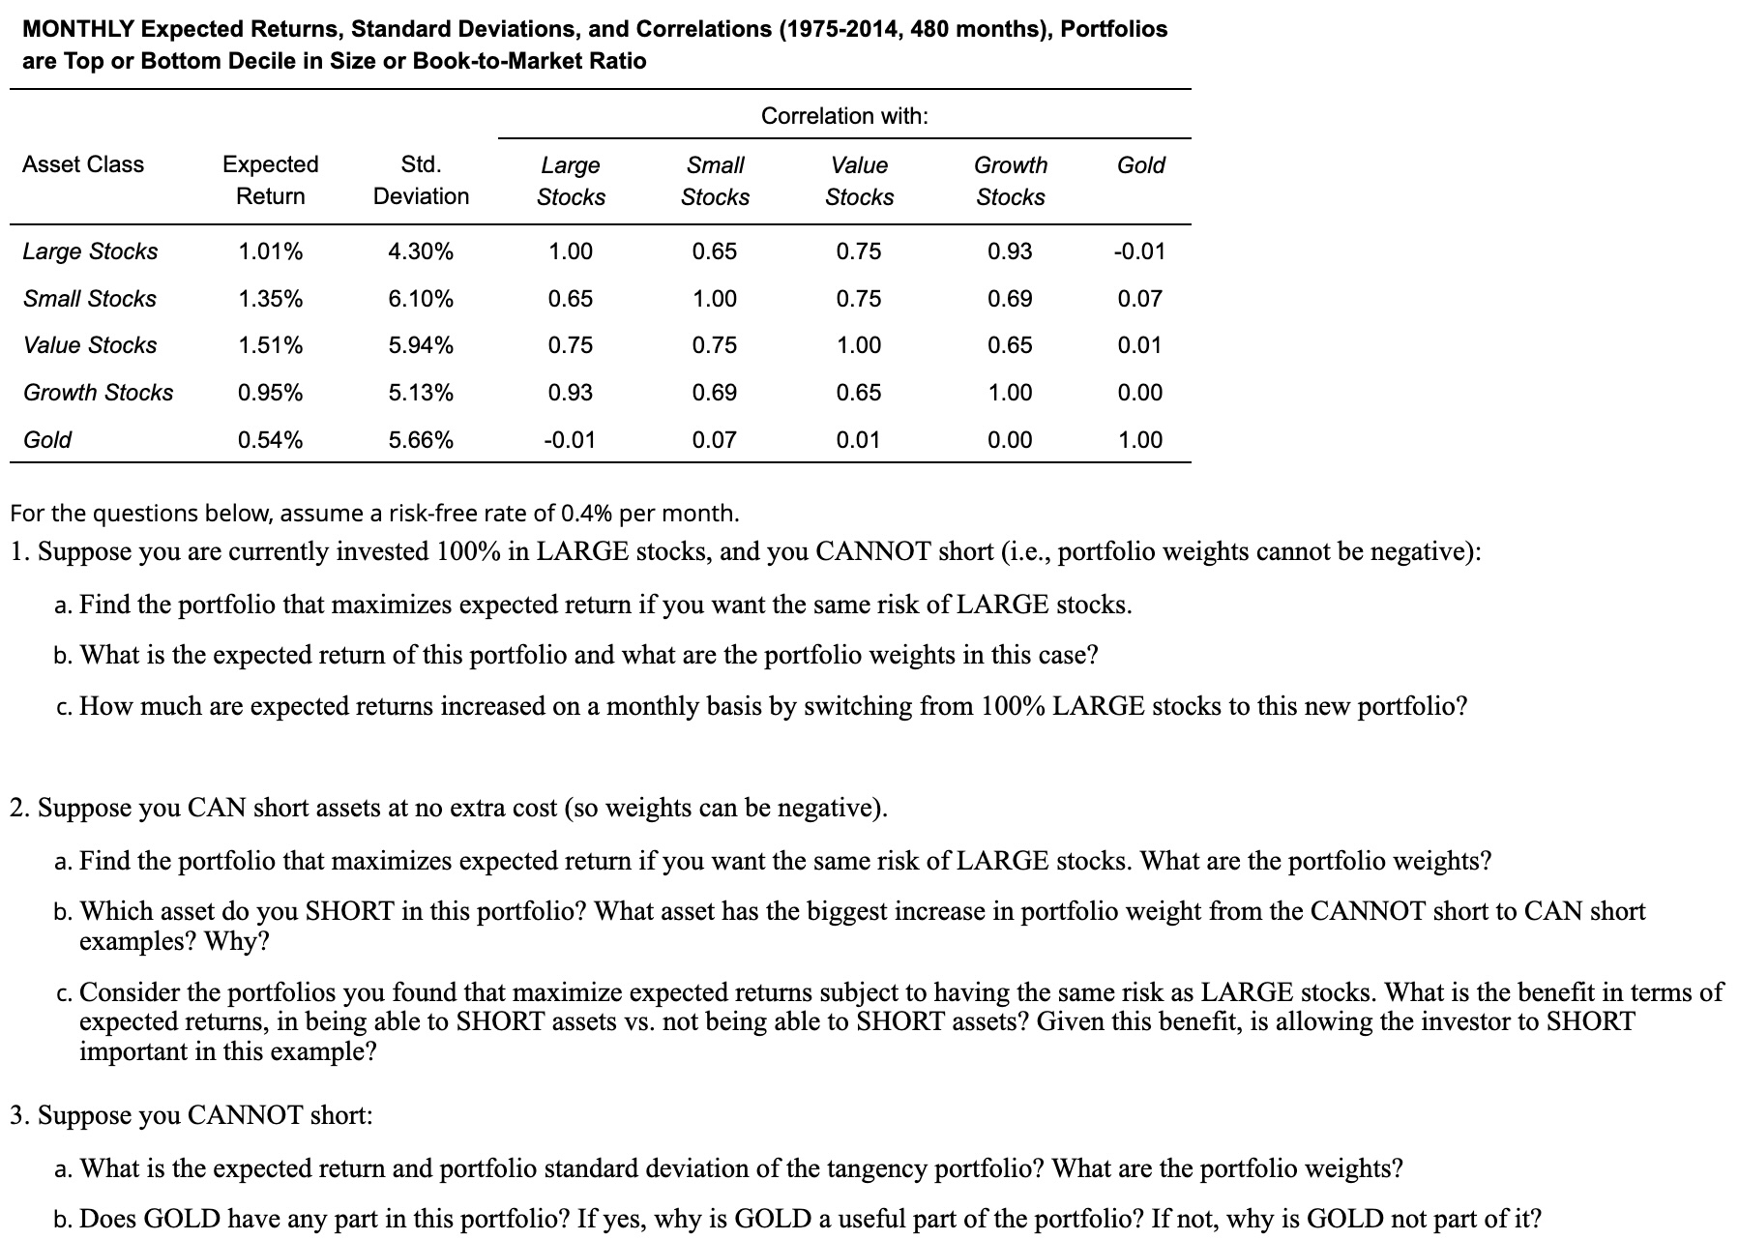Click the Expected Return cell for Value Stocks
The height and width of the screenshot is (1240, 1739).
[270, 345]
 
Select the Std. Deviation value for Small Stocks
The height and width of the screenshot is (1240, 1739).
[421, 299]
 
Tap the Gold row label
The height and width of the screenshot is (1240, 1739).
[47, 440]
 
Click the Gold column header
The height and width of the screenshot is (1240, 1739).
[1140, 165]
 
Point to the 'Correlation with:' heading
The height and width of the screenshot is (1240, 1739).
[844, 116]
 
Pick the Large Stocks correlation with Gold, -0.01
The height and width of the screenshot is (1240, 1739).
[1139, 251]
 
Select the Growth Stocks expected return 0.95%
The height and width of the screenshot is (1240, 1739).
[270, 393]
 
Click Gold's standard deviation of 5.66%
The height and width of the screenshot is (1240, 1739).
[421, 440]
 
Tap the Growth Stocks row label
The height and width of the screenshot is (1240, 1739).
[98, 393]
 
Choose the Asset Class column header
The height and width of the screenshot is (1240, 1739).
[83, 164]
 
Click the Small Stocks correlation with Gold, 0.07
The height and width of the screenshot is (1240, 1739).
[1139, 299]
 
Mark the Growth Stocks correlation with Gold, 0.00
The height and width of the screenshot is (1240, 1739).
[1139, 393]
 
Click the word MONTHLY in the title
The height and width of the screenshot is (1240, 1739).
[76, 29]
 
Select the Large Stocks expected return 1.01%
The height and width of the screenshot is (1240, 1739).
[270, 251]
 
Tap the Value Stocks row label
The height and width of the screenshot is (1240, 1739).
[90, 345]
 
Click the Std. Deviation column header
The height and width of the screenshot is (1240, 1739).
[421, 180]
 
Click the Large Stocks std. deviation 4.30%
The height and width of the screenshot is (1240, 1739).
[421, 251]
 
